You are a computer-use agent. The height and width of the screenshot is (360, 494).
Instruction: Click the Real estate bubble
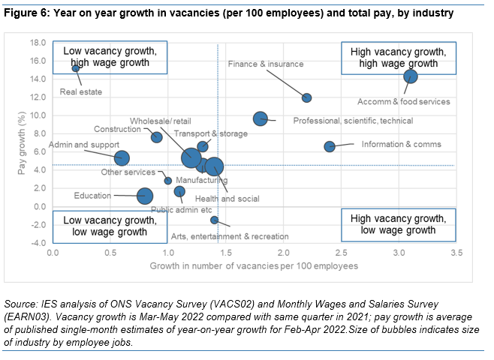click(x=76, y=68)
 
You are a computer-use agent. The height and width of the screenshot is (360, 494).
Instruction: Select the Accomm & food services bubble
click(x=410, y=76)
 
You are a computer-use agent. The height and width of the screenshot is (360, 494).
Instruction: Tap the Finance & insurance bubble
click(x=306, y=97)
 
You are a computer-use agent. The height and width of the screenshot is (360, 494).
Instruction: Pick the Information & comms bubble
click(x=330, y=146)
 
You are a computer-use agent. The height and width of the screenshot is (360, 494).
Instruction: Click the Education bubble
click(x=145, y=196)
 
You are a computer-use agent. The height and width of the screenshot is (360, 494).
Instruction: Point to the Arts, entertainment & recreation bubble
click(x=214, y=220)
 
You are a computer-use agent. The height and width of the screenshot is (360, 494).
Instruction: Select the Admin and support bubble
click(x=122, y=157)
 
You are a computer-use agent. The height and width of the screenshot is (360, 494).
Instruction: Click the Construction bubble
click(x=156, y=136)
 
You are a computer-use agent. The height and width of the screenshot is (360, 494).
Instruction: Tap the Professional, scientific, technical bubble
click(x=261, y=118)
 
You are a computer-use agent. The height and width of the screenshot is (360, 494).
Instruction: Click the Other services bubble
click(x=168, y=181)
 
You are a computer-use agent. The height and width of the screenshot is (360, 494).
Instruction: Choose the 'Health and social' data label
click(x=227, y=199)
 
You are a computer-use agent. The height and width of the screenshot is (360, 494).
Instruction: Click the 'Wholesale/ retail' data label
click(x=160, y=121)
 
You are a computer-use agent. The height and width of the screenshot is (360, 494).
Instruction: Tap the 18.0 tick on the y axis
click(x=38, y=43)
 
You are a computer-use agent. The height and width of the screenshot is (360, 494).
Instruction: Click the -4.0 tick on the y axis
click(x=38, y=243)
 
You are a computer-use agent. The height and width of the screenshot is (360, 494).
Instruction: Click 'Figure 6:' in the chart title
click(x=28, y=13)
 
